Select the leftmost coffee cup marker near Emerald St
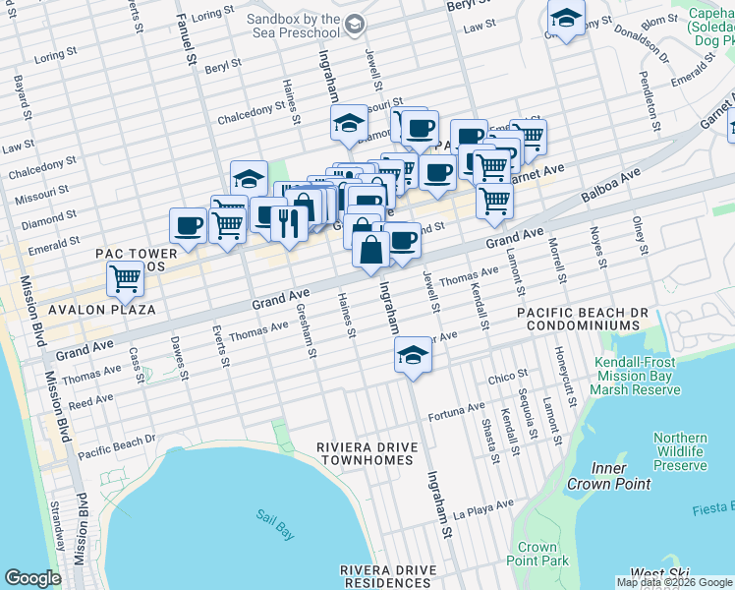click(x=188, y=225)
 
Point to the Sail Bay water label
click(x=274, y=517)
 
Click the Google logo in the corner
click(x=32, y=578)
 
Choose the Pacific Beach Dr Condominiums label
click(x=583, y=319)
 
